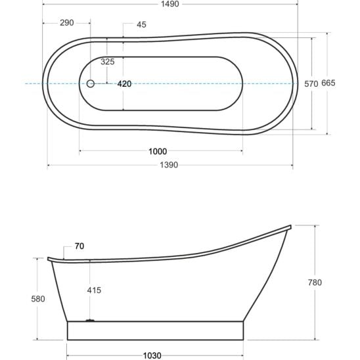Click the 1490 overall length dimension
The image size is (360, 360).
170,4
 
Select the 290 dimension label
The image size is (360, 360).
67,23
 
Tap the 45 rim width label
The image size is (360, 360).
141,24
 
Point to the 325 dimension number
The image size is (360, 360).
108,62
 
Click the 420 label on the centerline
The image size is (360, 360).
124,84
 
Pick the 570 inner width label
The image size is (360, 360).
311,84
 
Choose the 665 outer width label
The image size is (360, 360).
328,83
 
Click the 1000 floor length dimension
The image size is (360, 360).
158,152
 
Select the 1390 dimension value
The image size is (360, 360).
169,165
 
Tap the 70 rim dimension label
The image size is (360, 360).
79,246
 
